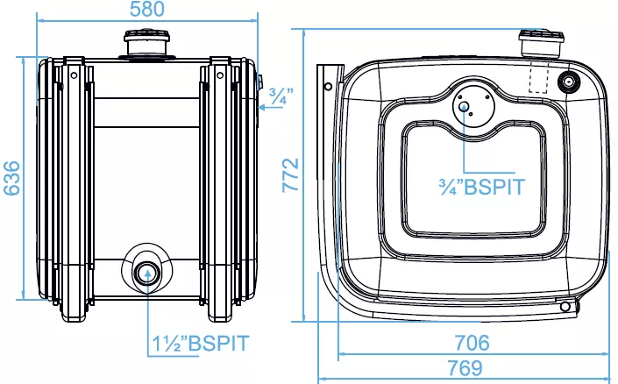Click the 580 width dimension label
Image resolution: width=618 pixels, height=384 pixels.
146,9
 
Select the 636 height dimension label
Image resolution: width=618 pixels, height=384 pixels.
11,178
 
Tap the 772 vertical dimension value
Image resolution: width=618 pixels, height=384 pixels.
290,175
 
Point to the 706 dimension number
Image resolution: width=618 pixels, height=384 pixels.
472,343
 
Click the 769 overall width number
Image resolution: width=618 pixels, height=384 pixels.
465,368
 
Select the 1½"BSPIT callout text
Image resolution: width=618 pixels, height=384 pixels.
201,344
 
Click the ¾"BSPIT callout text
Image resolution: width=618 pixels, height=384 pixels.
482,187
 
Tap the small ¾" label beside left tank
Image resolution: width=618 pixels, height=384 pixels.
281,96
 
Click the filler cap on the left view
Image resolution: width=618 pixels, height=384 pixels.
147,43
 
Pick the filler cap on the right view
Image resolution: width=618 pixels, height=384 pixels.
542,43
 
